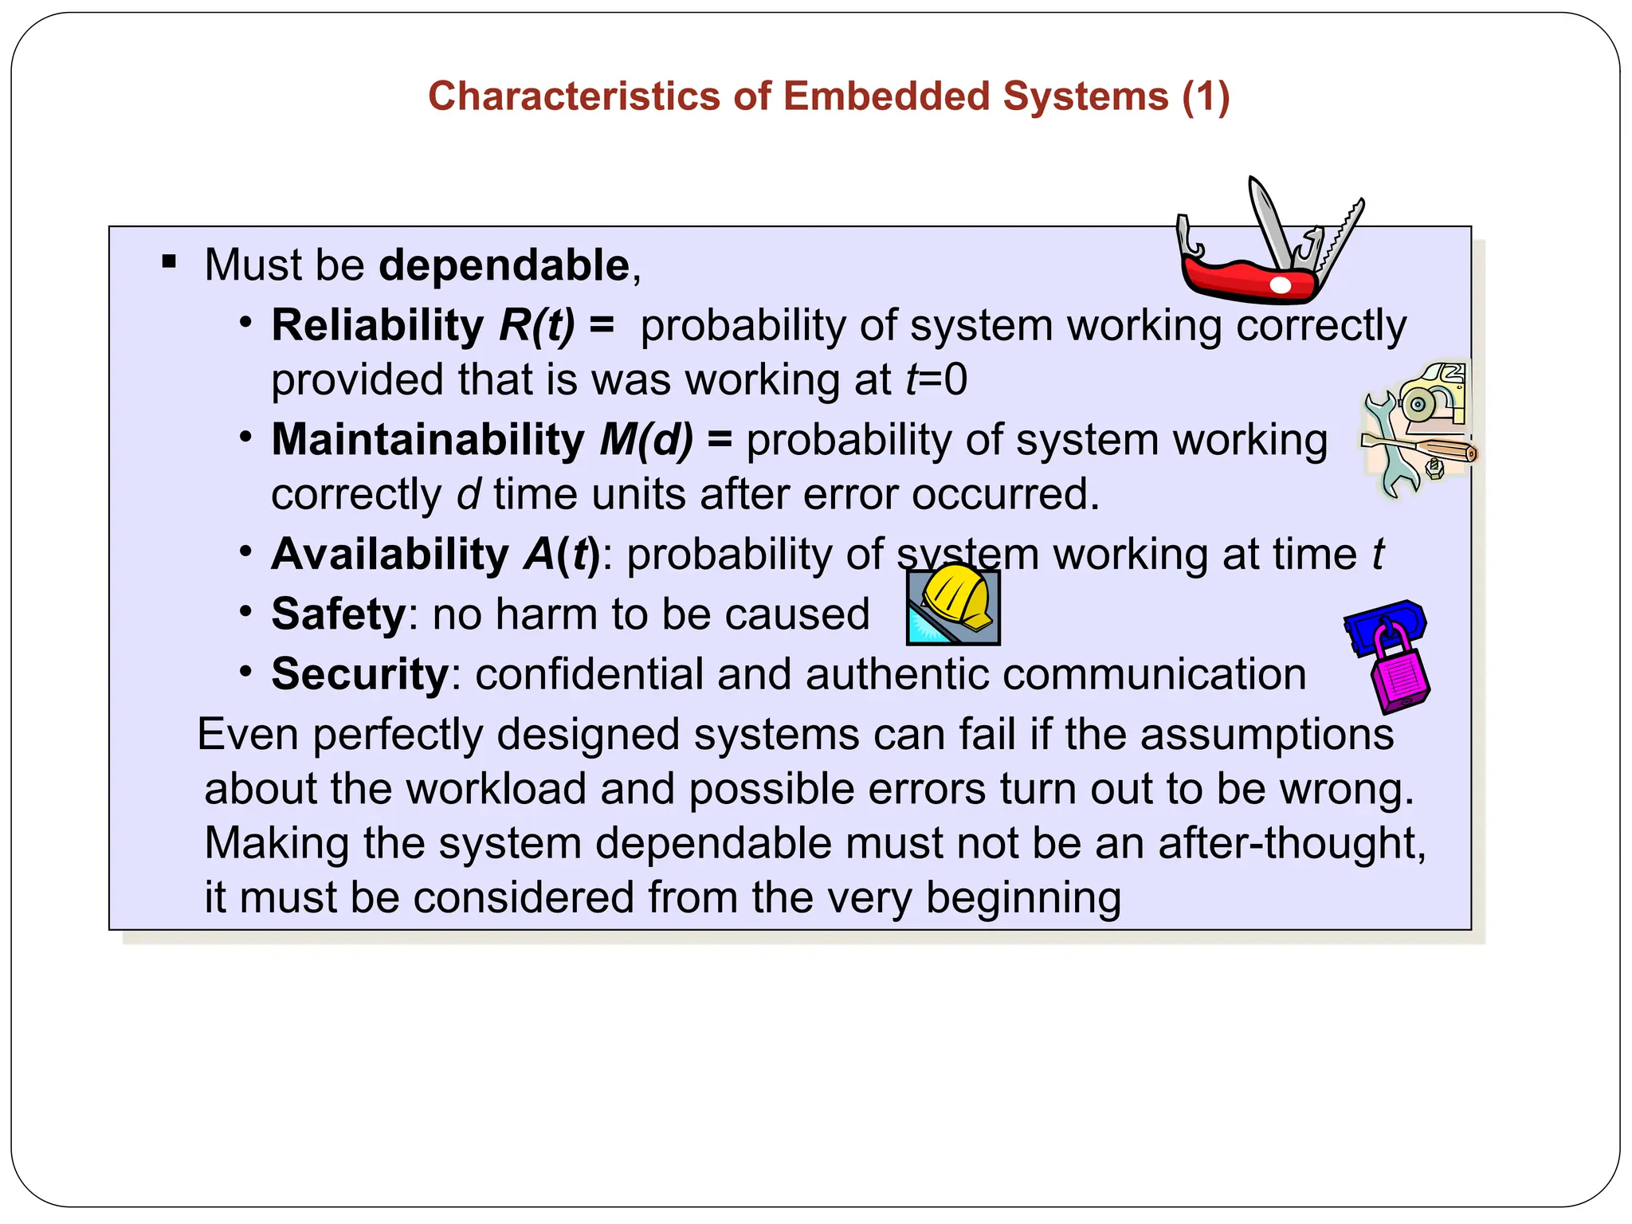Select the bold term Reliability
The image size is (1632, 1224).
point(377,325)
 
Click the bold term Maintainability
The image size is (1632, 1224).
point(428,440)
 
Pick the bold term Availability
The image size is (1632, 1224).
point(390,554)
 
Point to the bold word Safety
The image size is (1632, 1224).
point(339,614)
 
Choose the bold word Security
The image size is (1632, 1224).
point(360,674)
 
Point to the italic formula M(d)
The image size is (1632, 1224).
point(646,440)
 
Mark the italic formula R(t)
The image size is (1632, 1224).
point(536,325)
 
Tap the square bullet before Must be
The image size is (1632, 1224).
point(169,261)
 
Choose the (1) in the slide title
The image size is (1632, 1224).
point(1206,96)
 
